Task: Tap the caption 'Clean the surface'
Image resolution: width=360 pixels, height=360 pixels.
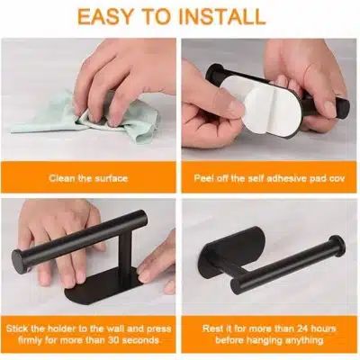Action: pyautogui.click(x=88, y=178)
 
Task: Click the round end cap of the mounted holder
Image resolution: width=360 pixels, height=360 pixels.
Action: pyautogui.click(x=337, y=246)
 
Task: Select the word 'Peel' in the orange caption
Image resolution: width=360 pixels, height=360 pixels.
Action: pyautogui.click(x=204, y=178)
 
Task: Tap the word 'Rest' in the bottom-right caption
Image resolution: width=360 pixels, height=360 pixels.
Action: pyautogui.click(x=212, y=328)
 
